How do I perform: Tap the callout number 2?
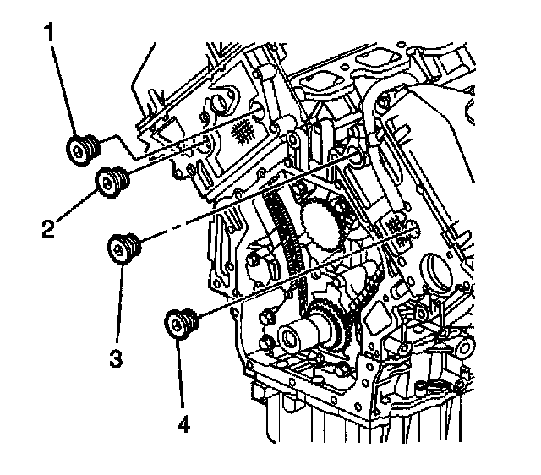tap(48, 226)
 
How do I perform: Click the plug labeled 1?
tap(83, 150)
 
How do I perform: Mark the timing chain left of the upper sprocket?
tap(276, 232)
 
